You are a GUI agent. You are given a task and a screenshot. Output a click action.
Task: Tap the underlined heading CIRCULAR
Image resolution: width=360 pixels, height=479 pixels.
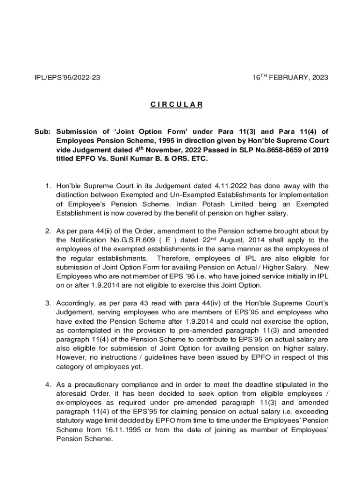[x=176, y=105]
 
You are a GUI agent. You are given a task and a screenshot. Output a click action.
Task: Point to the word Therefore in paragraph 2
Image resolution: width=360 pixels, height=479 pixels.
[x=176, y=258]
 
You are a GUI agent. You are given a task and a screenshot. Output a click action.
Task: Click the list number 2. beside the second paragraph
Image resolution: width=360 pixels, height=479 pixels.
[x=48, y=232]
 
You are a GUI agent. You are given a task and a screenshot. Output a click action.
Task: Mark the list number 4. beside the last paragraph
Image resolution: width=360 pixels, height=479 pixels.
[x=48, y=385]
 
